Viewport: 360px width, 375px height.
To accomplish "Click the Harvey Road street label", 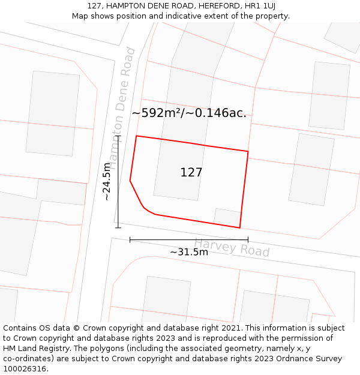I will pos(232,247).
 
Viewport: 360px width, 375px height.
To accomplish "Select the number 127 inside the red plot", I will pos(191,173).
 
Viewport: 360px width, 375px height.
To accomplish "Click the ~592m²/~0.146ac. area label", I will pos(189,113).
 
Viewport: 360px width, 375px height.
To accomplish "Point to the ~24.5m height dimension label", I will pos(107,181).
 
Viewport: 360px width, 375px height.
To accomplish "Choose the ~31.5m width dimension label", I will pos(189,252).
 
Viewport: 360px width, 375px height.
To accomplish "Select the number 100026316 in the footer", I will pos(25,369).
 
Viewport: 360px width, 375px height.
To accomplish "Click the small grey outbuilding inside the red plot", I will pos(228,217).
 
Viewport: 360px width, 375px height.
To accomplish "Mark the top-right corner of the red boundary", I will pos(248,151).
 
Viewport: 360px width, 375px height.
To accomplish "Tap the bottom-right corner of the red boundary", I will pos(240,228).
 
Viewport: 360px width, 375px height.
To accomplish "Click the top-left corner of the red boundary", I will pos(136,136).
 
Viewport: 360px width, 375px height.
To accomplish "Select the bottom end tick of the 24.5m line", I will pos(118,227).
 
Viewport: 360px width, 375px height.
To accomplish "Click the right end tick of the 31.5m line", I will pos(248,240).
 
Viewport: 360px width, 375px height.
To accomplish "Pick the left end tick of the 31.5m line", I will pos(130,240).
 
